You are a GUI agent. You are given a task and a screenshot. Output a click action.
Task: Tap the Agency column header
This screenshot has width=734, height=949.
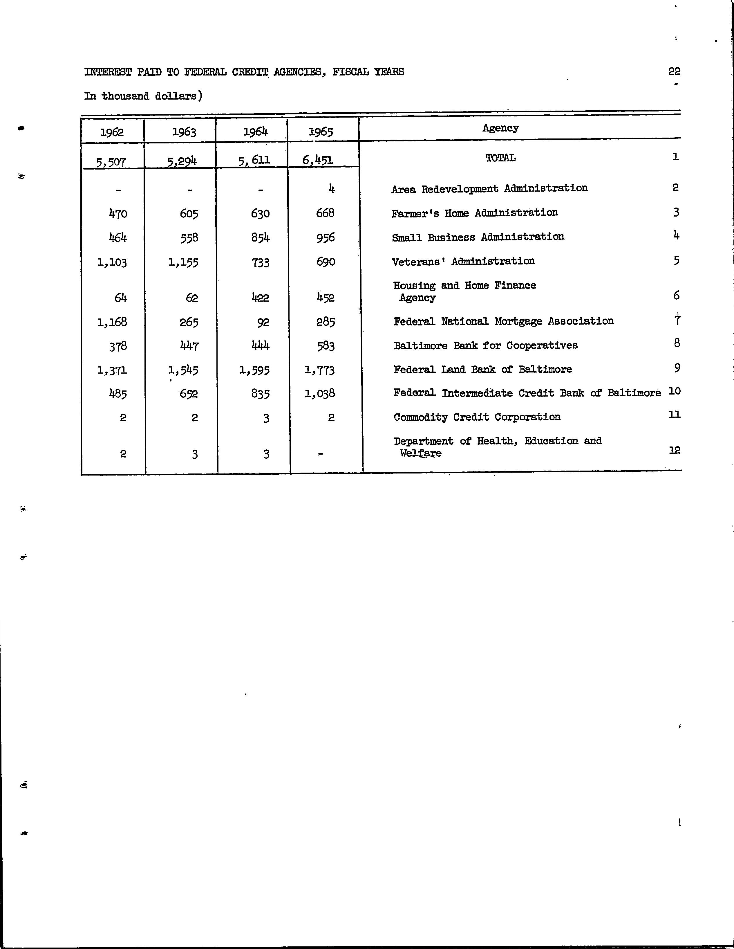tap(500, 128)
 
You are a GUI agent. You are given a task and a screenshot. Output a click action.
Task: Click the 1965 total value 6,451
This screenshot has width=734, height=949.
tap(317, 160)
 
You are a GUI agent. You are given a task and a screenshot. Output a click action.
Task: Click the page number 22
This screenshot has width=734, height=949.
tap(674, 71)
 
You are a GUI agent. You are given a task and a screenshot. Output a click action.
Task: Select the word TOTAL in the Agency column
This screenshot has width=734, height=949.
tap(500, 158)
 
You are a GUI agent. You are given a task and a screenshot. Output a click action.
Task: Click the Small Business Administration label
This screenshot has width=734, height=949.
tap(478, 237)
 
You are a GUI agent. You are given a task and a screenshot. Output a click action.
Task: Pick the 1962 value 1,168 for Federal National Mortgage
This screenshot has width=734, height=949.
tap(112, 322)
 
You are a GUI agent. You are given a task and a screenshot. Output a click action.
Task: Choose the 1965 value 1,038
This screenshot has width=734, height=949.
tap(320, 394)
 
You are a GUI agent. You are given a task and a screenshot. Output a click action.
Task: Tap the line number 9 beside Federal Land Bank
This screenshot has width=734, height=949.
tap(677, 368)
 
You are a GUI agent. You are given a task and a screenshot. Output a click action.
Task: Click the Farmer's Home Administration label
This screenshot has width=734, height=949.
tap(474, 213)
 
